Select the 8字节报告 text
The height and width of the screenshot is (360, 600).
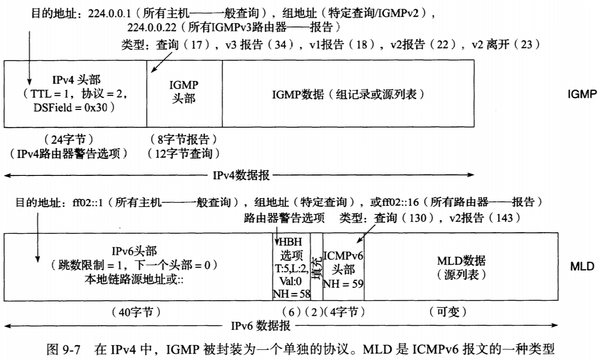point(181,140)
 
